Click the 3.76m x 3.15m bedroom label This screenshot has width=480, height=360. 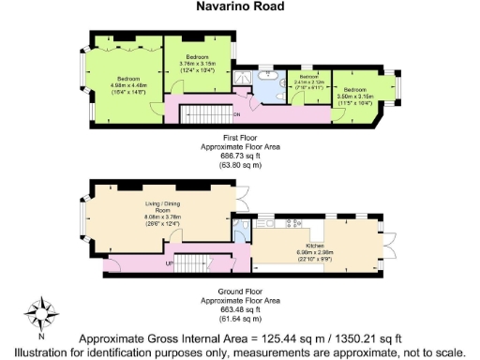pos(198,61)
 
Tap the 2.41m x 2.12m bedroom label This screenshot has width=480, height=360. pos(309,82)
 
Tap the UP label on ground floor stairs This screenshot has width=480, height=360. pos(169,264)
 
